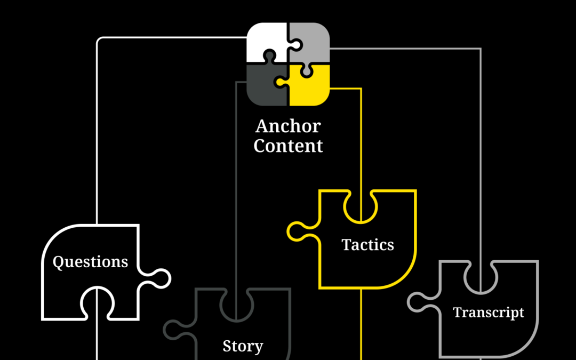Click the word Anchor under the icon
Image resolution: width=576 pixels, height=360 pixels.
tap(288, 127)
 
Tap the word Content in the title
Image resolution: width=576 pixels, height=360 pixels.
tap(288, 146)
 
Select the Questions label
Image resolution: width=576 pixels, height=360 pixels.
tap(90, 262)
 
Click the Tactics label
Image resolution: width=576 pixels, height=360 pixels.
tap(367, 245)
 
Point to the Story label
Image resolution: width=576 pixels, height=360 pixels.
tap(243, 346)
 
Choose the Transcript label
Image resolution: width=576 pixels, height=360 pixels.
tap(489, 312)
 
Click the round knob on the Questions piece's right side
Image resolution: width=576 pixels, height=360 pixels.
tap(161, 278)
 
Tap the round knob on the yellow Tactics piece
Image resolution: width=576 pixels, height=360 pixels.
tap(296, 231)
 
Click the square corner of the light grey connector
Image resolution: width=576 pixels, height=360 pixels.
tap(480, 49)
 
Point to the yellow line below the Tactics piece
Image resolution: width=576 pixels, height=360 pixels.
tap(362, 325)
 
